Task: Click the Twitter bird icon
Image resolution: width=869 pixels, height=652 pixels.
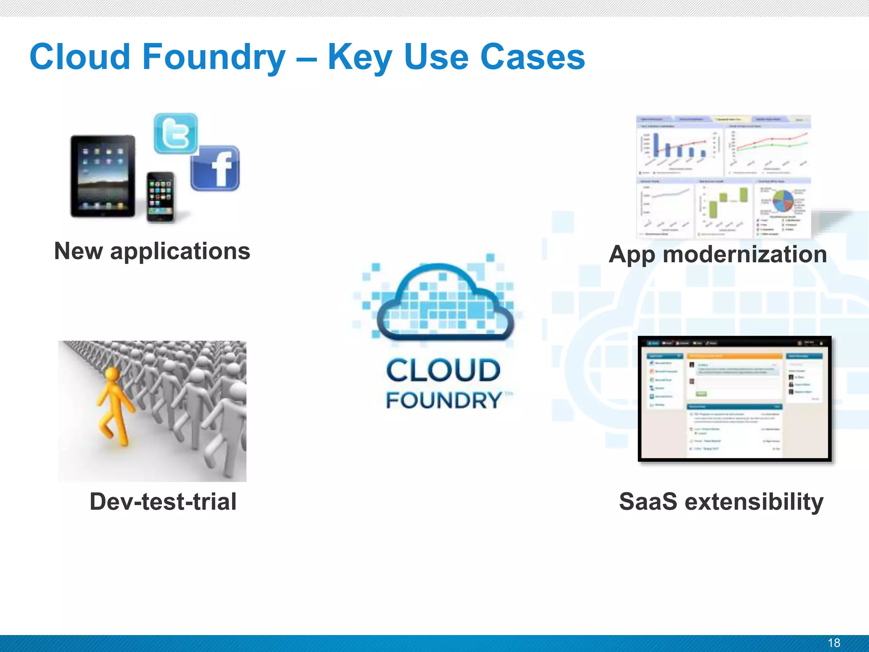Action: [x=176, y=133]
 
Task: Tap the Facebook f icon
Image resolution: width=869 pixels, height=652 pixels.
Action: [x=216, y=169]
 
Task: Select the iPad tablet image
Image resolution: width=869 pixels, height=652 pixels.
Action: [x=103, y=177]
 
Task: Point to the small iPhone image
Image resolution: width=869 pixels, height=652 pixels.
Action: [x=160, y=197]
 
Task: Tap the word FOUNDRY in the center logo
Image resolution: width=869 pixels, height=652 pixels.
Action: [x=444, y=400]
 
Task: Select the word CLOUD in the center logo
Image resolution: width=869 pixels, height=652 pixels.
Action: [x=443, y=370]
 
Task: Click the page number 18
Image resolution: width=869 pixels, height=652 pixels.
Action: [x=833, y=643]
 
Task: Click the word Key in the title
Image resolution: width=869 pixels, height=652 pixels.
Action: [x=360, y=57]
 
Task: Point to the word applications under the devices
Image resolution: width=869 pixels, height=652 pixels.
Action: [x=180, y=252]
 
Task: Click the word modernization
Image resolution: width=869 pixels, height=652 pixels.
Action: [x=745, y=255]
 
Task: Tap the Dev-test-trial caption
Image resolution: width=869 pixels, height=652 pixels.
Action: [x=163, y=502]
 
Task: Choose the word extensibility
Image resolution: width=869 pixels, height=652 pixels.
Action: [x=754, y=502]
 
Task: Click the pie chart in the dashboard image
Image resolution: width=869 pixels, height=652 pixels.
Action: [x=783, y=201]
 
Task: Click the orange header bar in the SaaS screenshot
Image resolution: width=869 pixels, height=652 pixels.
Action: [x=734, y=356]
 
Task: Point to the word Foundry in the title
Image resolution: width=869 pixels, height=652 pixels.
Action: [x=214, y=57]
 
